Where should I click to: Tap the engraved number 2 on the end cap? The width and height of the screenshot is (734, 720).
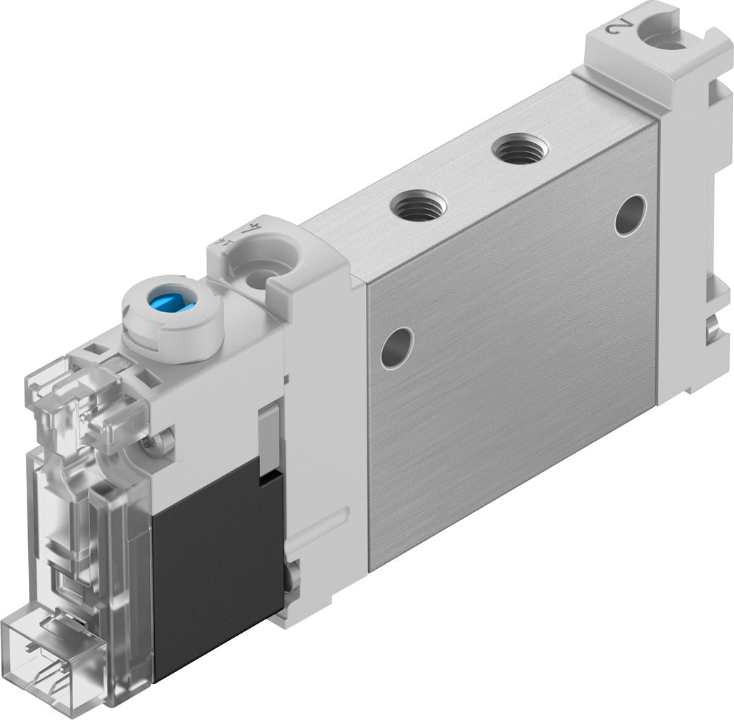[x=616, y=27]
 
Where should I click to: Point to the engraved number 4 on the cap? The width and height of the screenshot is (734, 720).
[x=248, y=227]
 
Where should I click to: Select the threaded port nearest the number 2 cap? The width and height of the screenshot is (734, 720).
[x=519, y=149]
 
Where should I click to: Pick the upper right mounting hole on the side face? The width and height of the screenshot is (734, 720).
[x=630, y=215]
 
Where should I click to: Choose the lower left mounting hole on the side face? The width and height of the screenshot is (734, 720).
[x=396, y=347]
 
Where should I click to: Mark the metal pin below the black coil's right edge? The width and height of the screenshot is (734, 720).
[x=291, y=577]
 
